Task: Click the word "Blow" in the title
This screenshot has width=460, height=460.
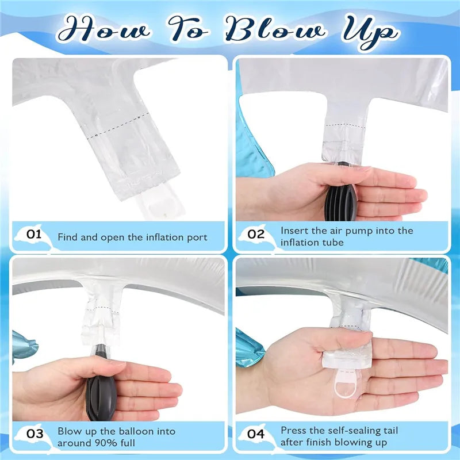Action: [276, 29]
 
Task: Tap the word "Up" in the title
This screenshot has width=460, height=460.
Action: [370, 33]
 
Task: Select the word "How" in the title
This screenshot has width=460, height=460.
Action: [104, 29]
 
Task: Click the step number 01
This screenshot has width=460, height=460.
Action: [34, 234]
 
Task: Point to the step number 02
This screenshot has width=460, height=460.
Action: [256, 234]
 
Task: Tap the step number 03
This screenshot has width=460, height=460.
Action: [34, 434]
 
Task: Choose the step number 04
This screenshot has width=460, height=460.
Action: [256, 434]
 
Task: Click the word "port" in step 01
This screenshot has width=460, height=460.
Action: [197, 238]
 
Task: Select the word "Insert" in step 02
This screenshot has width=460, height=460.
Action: [295, 231]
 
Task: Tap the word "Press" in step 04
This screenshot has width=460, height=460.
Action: [294, 430]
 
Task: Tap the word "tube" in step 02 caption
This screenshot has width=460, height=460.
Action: [334, 242]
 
